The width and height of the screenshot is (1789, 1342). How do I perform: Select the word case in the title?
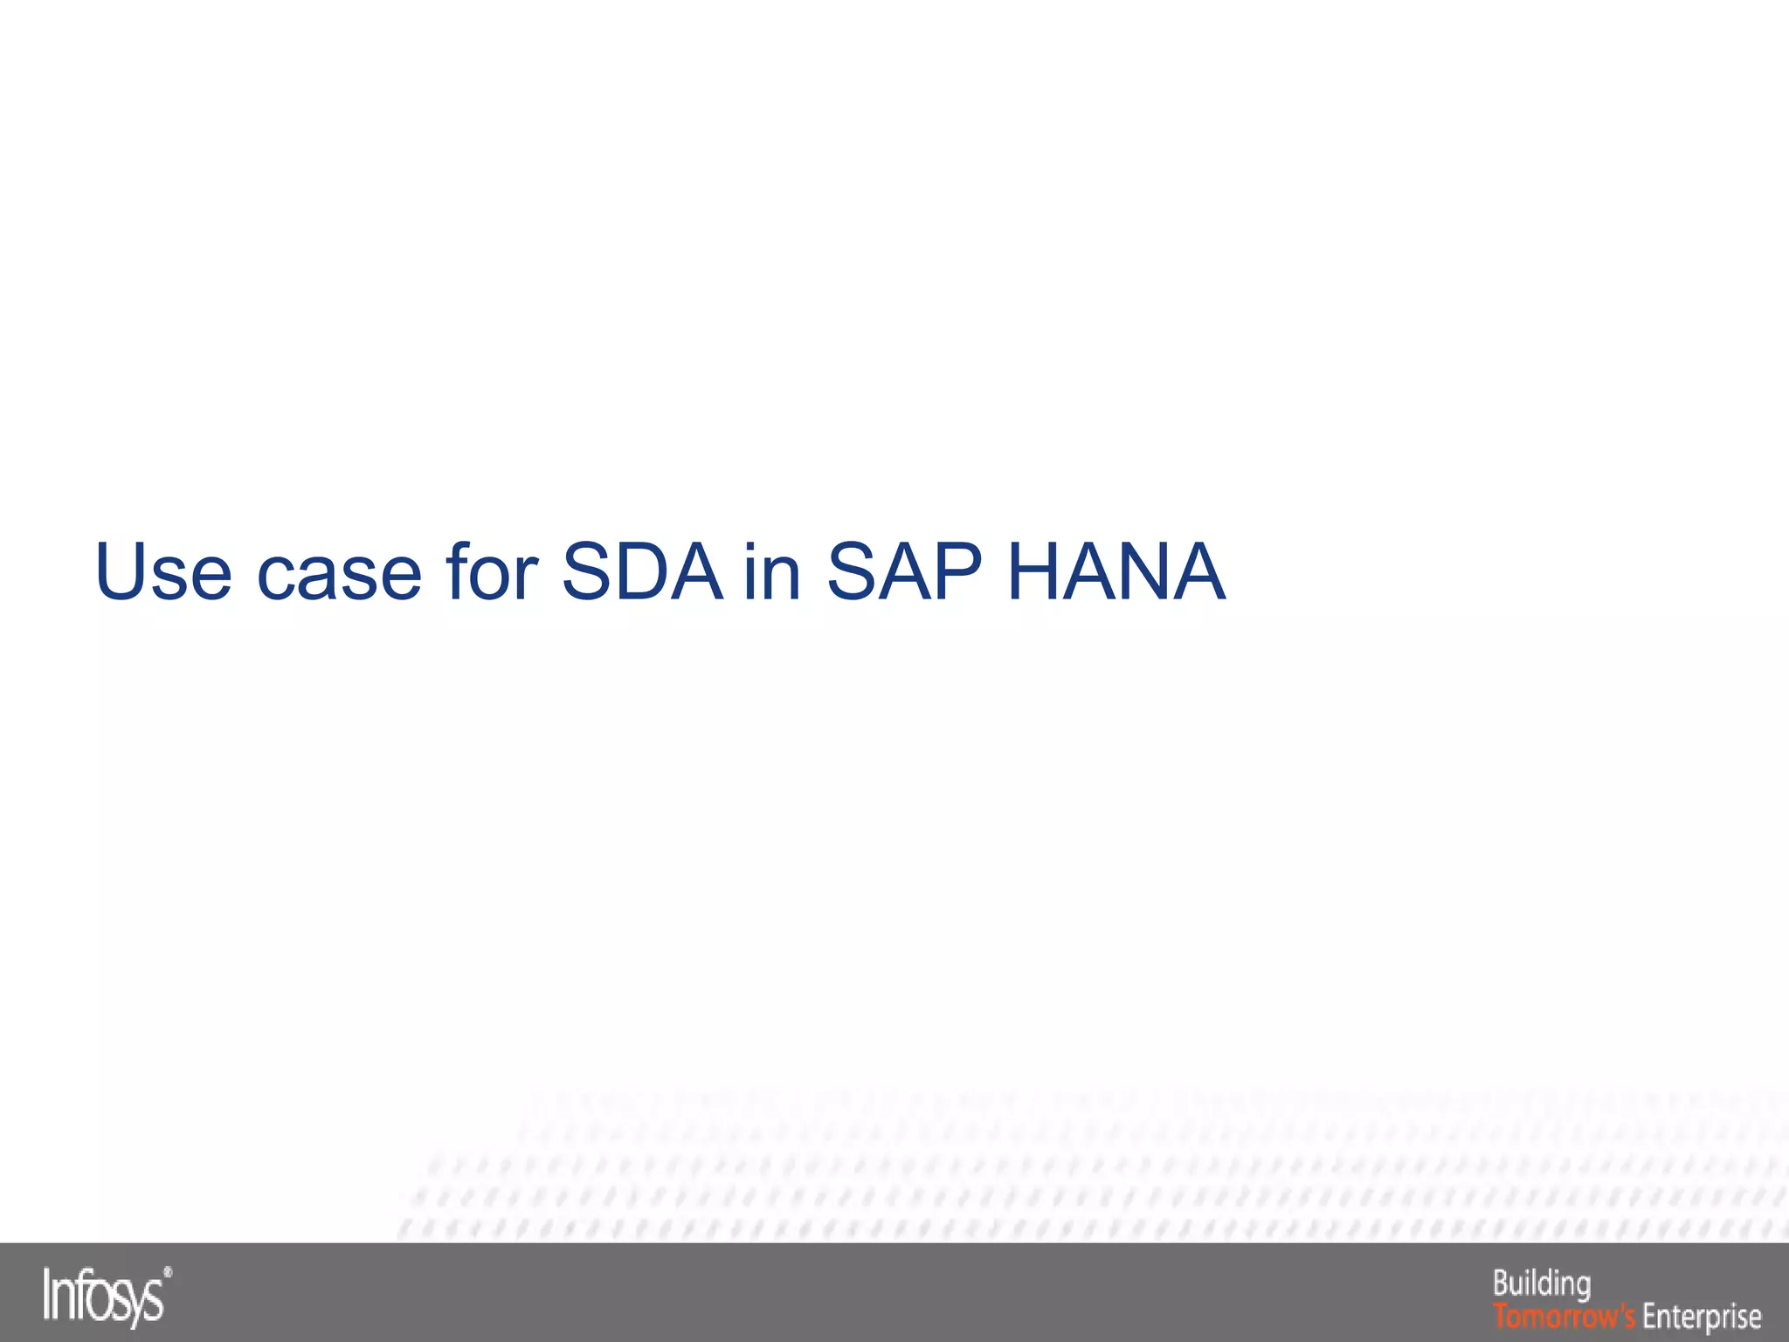[339, 573]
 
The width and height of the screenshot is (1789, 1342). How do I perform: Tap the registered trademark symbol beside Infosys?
[168, 1274]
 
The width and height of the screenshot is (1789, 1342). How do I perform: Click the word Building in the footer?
[1542, 1283]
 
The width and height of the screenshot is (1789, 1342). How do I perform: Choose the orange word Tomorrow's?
[1565, 1316]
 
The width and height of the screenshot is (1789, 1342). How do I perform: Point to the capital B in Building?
[1501, 1283]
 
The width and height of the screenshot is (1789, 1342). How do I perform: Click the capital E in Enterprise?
[1650, 1315]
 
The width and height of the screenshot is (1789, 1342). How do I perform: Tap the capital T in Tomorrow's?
[1500, 1315]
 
